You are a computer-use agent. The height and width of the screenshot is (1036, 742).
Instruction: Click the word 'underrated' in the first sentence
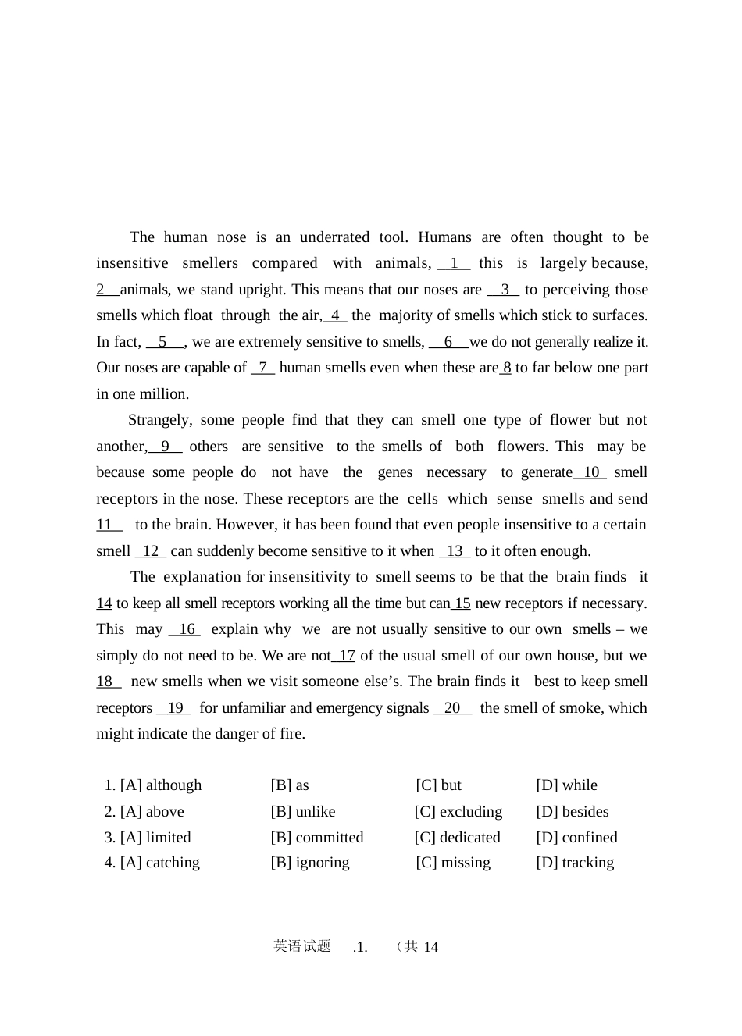click(334, 237)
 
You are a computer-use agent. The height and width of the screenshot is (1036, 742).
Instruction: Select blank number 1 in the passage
click(454, 264)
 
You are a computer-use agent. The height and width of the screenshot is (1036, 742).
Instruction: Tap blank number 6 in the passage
click(448, 342)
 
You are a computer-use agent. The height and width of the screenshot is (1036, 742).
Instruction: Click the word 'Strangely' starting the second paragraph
click(159, 420)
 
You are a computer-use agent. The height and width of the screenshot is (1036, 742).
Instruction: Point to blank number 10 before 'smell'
click(590, 472)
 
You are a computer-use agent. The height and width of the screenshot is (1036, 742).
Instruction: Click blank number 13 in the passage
click(455, 551)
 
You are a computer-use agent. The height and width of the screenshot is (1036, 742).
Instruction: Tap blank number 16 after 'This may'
click(186, 629)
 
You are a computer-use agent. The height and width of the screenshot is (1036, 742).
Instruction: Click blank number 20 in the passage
click(452, 708)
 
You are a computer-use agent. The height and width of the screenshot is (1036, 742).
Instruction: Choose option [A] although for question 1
click(161, 785)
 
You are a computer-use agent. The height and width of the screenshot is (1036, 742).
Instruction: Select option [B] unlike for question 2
click(303, 812)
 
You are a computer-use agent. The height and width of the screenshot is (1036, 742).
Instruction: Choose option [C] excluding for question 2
click(458, 812)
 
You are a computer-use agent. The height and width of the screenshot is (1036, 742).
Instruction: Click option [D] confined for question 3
click(576, 838)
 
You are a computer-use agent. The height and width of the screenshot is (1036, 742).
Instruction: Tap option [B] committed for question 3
click(317, 838)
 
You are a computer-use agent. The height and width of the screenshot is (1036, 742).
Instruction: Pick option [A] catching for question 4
click(160, 863)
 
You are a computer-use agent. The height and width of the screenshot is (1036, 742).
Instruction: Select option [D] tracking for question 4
click(575, 863)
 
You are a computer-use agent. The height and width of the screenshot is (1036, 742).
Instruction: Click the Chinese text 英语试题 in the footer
click(302, 946)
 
